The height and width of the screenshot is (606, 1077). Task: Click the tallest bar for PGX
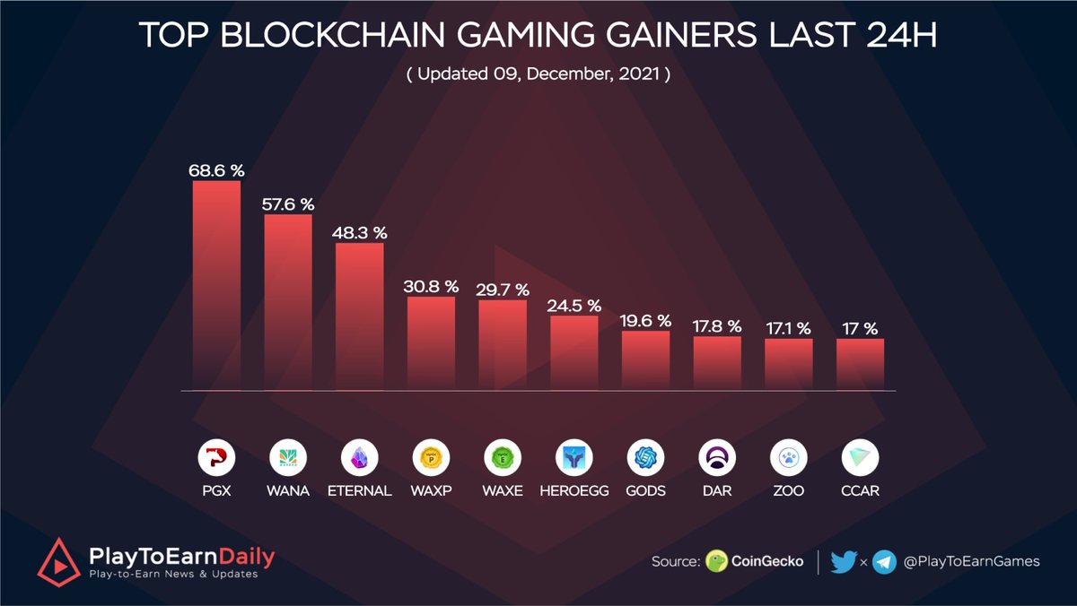(x=216, y=285)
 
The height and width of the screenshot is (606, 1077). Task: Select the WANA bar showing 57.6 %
(x=288, y=302)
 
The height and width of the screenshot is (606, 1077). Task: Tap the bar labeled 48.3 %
(x=360, y=316)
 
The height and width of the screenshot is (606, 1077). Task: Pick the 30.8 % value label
(x=432, y=287)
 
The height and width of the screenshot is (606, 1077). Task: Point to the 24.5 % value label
(x=574, y=307)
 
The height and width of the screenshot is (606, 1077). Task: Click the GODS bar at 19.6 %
(x=645, y=359)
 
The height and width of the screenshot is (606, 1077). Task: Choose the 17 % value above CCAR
(x=860, y=329)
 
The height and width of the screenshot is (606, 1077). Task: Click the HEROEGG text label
(x=574, y=491)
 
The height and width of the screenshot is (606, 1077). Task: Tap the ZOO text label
(x=789, y=491)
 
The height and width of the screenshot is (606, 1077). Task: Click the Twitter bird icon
(x=844, y=562)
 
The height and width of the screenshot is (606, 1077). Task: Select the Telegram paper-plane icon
(x=884, y=562)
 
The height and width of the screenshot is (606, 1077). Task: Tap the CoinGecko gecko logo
(x=716, y=562)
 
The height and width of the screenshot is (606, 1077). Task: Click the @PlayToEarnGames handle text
(x=971, y=561)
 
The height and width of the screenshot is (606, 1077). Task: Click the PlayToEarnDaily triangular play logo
(x=58, y=561)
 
